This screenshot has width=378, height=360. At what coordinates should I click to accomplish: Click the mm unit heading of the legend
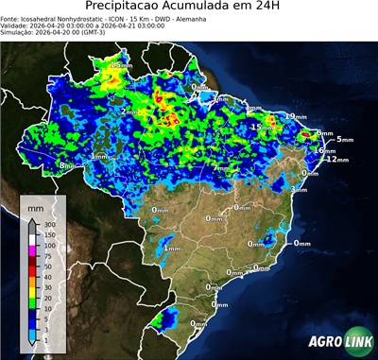[x=36, y=205]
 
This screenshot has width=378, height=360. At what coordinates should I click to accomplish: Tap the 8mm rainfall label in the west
[x=67, y=166]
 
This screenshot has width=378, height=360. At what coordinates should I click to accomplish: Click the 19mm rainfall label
[x=299, y=116]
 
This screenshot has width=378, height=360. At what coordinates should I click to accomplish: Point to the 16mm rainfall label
[x=324, y=150]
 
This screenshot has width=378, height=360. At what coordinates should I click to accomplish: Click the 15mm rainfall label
[x=257, y=127]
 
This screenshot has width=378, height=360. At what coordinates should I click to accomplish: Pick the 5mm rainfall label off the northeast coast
[x=344, y=140]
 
